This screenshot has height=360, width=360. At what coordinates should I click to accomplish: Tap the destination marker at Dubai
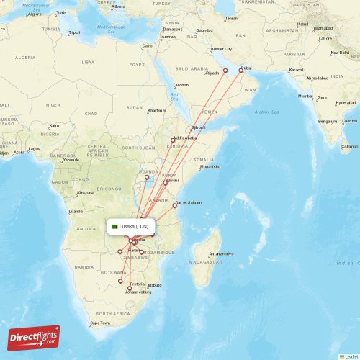pyautogui.click(x=240, y=70)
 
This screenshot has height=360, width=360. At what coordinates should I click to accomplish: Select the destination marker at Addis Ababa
pyautogui.click(x=173, y=140)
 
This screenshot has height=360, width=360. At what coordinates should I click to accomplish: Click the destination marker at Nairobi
pyautogui.click(x=166, y=183)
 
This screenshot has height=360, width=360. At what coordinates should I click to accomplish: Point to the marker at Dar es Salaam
pyautogui.click(x=174, y=205)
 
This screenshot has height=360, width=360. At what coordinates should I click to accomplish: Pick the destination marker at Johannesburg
pyautogui.click(x=130, y=288)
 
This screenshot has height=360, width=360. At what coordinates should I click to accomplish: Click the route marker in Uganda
pyautogui.click(x=147, y=177)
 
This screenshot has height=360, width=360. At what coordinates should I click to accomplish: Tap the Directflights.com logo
pyautogui.click(x=35, y=338)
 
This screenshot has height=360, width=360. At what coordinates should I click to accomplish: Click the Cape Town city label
pyautogui.click(x=100, y=323)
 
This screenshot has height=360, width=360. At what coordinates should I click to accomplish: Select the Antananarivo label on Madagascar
pyautogui.click(x=221, y=254)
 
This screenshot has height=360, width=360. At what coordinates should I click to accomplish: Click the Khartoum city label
pyautogui.click(x=156, y=111)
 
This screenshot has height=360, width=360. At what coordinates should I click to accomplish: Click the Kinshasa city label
pyautogui.click(x=86, y=192)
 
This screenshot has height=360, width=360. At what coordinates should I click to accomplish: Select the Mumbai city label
pyautogui.click(x=305, y=96)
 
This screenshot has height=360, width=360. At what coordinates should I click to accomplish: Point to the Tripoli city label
pyautogui.click(x=73, y=32)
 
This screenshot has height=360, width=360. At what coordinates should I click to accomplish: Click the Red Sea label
pyautogui.click(x=174, y=95)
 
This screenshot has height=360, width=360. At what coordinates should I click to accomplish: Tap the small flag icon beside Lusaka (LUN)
pyautogui.click(x=114, y=227)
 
